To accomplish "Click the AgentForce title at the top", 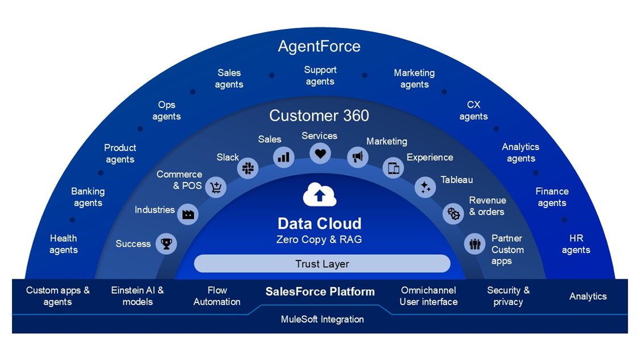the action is (x=319, y=46).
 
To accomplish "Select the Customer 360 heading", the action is (x=319, y=115).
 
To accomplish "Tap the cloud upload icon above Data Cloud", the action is (x=320, y=195).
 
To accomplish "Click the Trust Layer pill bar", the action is (x=322, y=264).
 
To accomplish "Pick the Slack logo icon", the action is (x=248, y=168).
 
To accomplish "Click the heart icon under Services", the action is (x=320, y=154).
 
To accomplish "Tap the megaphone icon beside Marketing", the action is (x=358, y=157).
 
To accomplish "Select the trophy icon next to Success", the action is (x=166, y=243).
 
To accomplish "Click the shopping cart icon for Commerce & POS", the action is (x=216, y=187).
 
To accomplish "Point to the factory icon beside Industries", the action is (x=188, y=214).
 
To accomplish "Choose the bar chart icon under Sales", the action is (x=283, y=157).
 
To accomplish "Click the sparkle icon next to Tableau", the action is (x=426, y=187).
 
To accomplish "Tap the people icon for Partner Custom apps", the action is (x=474, y=243).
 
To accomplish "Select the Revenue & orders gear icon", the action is (x=453, y=213).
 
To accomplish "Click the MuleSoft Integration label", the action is (x=322, y=319).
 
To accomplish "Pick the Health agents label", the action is (x=63, y=244).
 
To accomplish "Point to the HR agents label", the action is (x=576, y=244).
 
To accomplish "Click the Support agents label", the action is (x=320, y=76).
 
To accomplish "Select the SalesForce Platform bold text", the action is (x=320, y=291).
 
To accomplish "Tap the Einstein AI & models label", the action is (x=138, y=296).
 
